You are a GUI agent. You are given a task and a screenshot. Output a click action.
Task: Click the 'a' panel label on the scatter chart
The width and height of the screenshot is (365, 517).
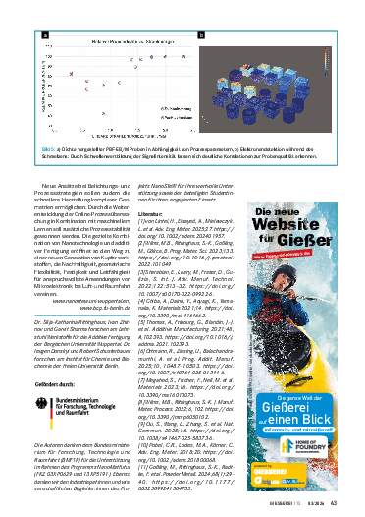coord(46,33)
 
